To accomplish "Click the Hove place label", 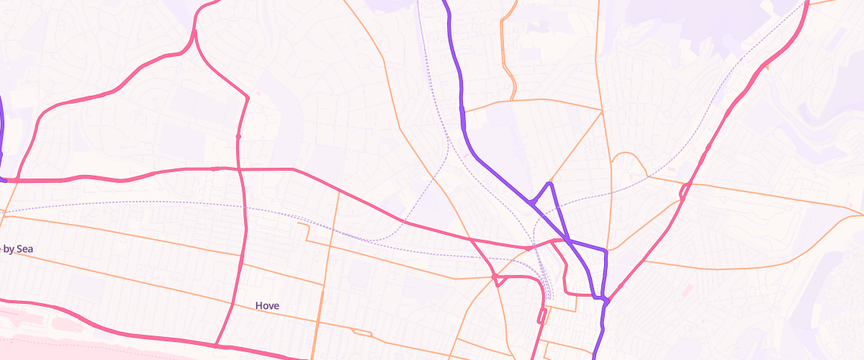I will [267, 306].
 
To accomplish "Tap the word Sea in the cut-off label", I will [25, 249].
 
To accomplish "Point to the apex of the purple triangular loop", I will [551, 184].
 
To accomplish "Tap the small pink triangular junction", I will [496, 279].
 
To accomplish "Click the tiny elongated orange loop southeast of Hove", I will [362, 332].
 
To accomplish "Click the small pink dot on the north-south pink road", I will [238, 136].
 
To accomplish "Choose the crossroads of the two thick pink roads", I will [239, 169].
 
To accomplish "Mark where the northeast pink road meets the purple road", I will [607, 300].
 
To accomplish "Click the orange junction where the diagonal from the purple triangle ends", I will [602, 110].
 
